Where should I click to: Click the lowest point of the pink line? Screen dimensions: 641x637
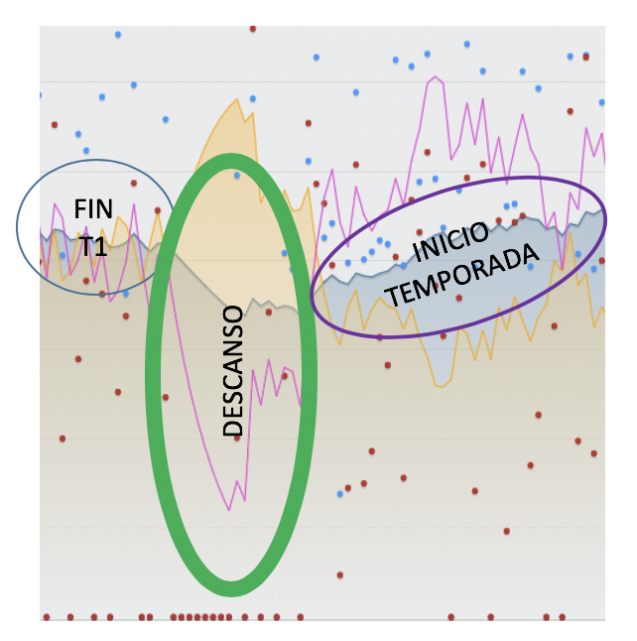(x=229, y=509)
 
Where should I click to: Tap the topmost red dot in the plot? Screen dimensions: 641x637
(x=253, y=29)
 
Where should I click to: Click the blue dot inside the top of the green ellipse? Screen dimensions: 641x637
(x=237, y=176)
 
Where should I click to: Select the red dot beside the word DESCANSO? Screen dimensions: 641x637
(x=237, y=438)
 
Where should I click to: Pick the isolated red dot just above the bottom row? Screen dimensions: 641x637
(x=340, y=575)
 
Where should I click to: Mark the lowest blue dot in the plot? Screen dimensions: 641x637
(x=339, y=493)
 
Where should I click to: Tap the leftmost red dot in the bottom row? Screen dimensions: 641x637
(x=46, y=617)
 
